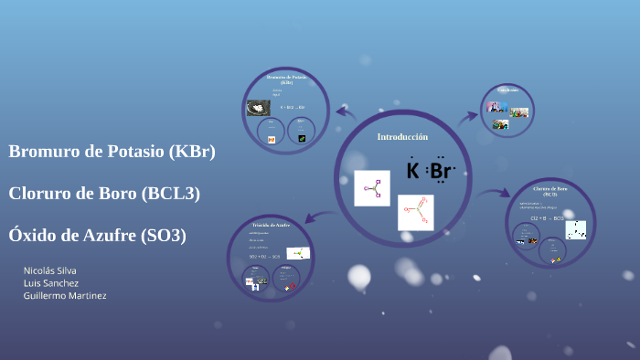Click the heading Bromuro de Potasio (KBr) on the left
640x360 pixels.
[x=112, y=152]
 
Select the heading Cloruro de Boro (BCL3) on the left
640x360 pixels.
[x=104, y=193]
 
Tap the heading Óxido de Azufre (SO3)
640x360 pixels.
[x=97, y=235]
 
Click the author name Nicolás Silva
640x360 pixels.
[x=50, y=270]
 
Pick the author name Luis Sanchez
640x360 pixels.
[x=51, y=283]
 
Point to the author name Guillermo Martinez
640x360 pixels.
[x=65, y=296]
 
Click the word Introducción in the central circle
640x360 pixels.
[x=402, y=136]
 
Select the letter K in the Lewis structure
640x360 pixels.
[x=412, y=171]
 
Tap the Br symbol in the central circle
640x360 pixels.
[x=440, y=171]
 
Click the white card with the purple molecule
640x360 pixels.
[x=372, y=188]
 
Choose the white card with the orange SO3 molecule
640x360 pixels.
[x=415, y=212]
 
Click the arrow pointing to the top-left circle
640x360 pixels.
[x=346, y=113]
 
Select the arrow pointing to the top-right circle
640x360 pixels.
[x=467, y=115]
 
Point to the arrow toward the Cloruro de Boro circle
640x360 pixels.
[x=493, y=193]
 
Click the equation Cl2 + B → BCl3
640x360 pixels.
[x=547, y=219]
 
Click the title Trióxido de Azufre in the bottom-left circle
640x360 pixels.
[x=271, y=225]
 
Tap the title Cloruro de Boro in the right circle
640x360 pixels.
[x=550, y=190]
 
